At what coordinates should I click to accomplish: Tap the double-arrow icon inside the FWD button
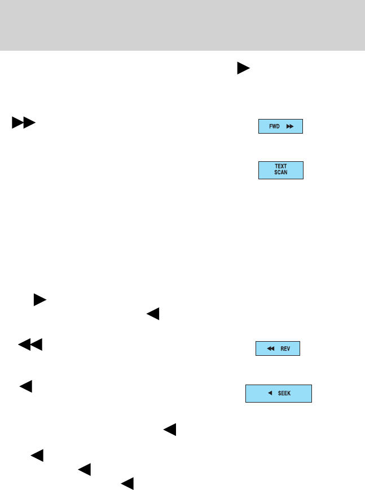point(290,126)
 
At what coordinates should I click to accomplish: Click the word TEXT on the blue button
point(281,166)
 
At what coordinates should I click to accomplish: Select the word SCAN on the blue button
point(281,173)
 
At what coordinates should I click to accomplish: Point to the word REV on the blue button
point(285,349)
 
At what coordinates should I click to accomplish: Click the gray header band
point(182,25)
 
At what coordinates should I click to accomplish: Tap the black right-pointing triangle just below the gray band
point(243,68)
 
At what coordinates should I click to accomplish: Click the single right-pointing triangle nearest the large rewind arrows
point(39,299)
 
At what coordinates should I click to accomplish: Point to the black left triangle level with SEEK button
point(25,387)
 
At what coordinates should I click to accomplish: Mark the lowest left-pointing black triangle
point(127,483)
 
